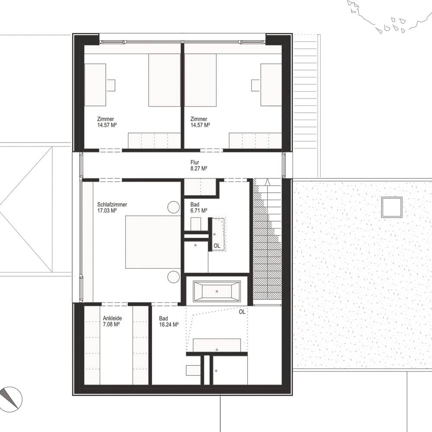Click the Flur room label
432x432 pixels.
click(194, 162)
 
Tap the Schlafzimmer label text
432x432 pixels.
click(112, 204)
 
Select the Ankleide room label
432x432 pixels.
click(112, 318)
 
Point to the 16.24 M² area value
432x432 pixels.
click(168, 324)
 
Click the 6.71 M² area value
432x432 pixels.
click(199, 210)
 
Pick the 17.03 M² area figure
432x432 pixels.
click(107, 210)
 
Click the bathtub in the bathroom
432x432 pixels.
click(216, 291)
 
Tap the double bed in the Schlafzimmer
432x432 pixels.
click(153, 242)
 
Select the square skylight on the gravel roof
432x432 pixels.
click(391, 207)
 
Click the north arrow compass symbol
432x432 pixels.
click(10, 399)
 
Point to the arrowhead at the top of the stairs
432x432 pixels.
click(267, 182)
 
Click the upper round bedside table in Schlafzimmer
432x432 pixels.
click(174, 207)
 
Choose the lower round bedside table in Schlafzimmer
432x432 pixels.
click(174, 277)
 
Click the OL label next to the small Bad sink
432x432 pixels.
click(217, 246)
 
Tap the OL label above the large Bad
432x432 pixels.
click(242, 312)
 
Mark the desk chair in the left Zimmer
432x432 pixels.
click(111, 85)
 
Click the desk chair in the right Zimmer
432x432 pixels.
click(255, 85)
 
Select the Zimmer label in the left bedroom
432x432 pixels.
click(105, 119)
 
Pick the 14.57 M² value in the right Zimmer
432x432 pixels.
click(200, 125)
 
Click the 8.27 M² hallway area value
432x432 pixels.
click(199, 168)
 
